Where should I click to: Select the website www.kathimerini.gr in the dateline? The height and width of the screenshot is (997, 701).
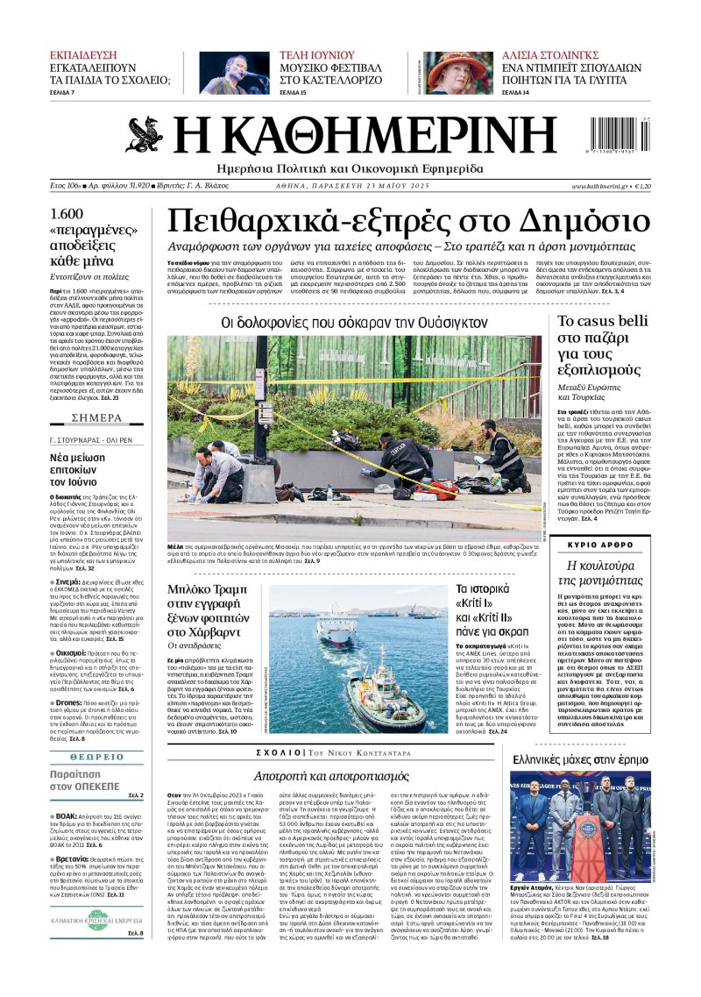coord(600,186)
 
